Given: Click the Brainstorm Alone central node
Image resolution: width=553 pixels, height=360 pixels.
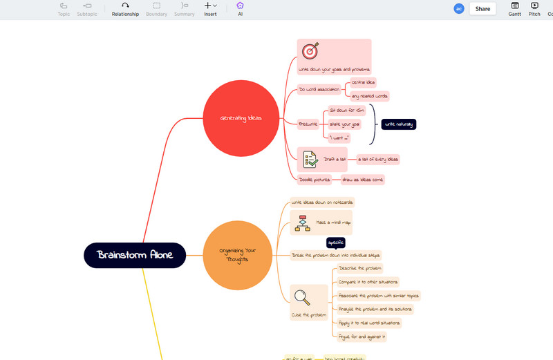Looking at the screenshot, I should tap(135, 255).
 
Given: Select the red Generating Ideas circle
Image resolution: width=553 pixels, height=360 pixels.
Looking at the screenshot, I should tap(241, 118).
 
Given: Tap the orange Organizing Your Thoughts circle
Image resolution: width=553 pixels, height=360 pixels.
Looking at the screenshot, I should tap(237, 255).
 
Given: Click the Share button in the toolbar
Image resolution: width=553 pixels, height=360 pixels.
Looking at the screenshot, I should tap(482, 9).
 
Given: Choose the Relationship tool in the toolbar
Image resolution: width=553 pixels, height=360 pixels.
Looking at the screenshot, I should tap(125, 9).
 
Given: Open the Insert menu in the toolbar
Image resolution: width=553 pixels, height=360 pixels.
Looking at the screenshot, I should tap(210, 9).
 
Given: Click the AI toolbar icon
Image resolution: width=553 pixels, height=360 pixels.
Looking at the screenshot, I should tap(240, 9).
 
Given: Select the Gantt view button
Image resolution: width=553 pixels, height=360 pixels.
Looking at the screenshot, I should tap(515, 9).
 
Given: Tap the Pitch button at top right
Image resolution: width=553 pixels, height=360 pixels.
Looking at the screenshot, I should tap(534, 9).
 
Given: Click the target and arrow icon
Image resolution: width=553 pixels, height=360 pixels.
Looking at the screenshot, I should tap(310, 51).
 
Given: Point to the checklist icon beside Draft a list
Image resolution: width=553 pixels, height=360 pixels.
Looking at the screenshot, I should tap(310, 159).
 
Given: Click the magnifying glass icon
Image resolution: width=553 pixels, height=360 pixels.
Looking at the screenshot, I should tap(302, 297).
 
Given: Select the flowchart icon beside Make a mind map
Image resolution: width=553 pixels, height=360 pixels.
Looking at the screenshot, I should tap(302, 222).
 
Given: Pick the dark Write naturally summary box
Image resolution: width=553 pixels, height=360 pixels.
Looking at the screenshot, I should tap(399, 124).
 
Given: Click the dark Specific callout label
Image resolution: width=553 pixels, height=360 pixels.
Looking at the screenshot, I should tap(336, 243).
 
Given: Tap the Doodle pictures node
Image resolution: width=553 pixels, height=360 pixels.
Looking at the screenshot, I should tap(315, 180).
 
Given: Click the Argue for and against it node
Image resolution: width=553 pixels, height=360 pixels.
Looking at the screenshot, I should tap(362, 337).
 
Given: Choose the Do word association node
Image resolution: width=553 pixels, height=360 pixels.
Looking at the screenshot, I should tap(319, 89).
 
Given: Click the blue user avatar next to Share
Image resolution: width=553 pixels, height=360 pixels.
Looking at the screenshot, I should tap(458, 9).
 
